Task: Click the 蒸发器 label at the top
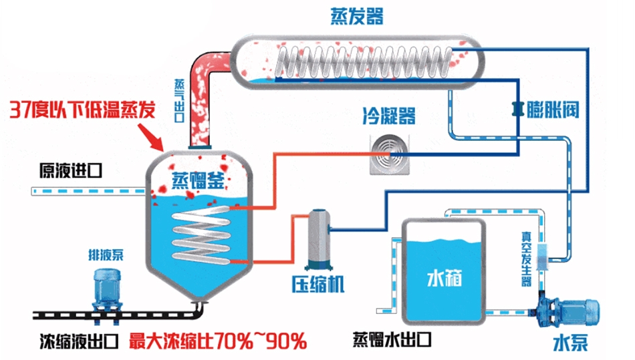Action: [357, 16]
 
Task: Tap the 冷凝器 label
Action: [389, 117]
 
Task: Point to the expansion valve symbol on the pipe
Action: [516, 107]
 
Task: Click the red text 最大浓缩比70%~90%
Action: [217, 342]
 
